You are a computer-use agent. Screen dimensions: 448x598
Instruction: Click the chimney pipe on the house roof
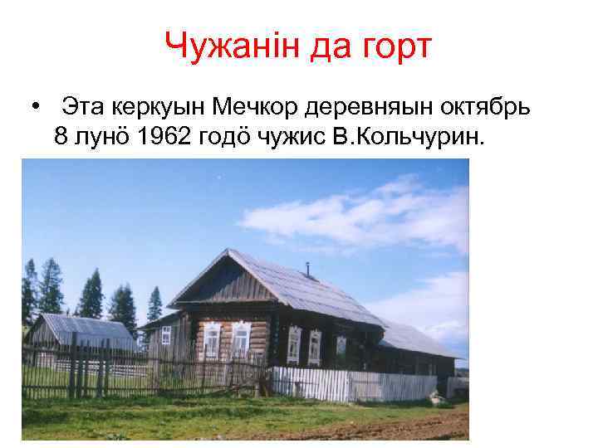click(306, 269)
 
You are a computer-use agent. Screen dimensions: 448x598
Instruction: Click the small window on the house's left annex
click(166, 335)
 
